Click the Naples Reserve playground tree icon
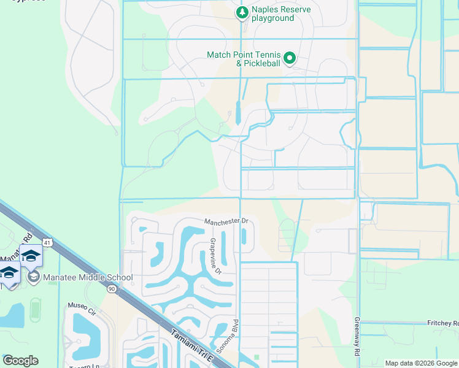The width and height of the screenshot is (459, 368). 242,12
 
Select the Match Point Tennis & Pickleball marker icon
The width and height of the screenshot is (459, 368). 290,59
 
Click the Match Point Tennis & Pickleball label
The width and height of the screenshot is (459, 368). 244,59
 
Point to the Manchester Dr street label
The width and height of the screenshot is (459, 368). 226,221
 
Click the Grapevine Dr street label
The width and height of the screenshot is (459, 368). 215,256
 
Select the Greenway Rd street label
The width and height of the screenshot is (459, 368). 356,337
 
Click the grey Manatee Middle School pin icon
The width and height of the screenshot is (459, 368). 34,277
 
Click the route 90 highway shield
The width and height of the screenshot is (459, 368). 111,288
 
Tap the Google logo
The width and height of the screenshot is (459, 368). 20,361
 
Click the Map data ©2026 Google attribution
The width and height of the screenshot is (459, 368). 421,363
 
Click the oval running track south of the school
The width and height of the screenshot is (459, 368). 35,309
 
